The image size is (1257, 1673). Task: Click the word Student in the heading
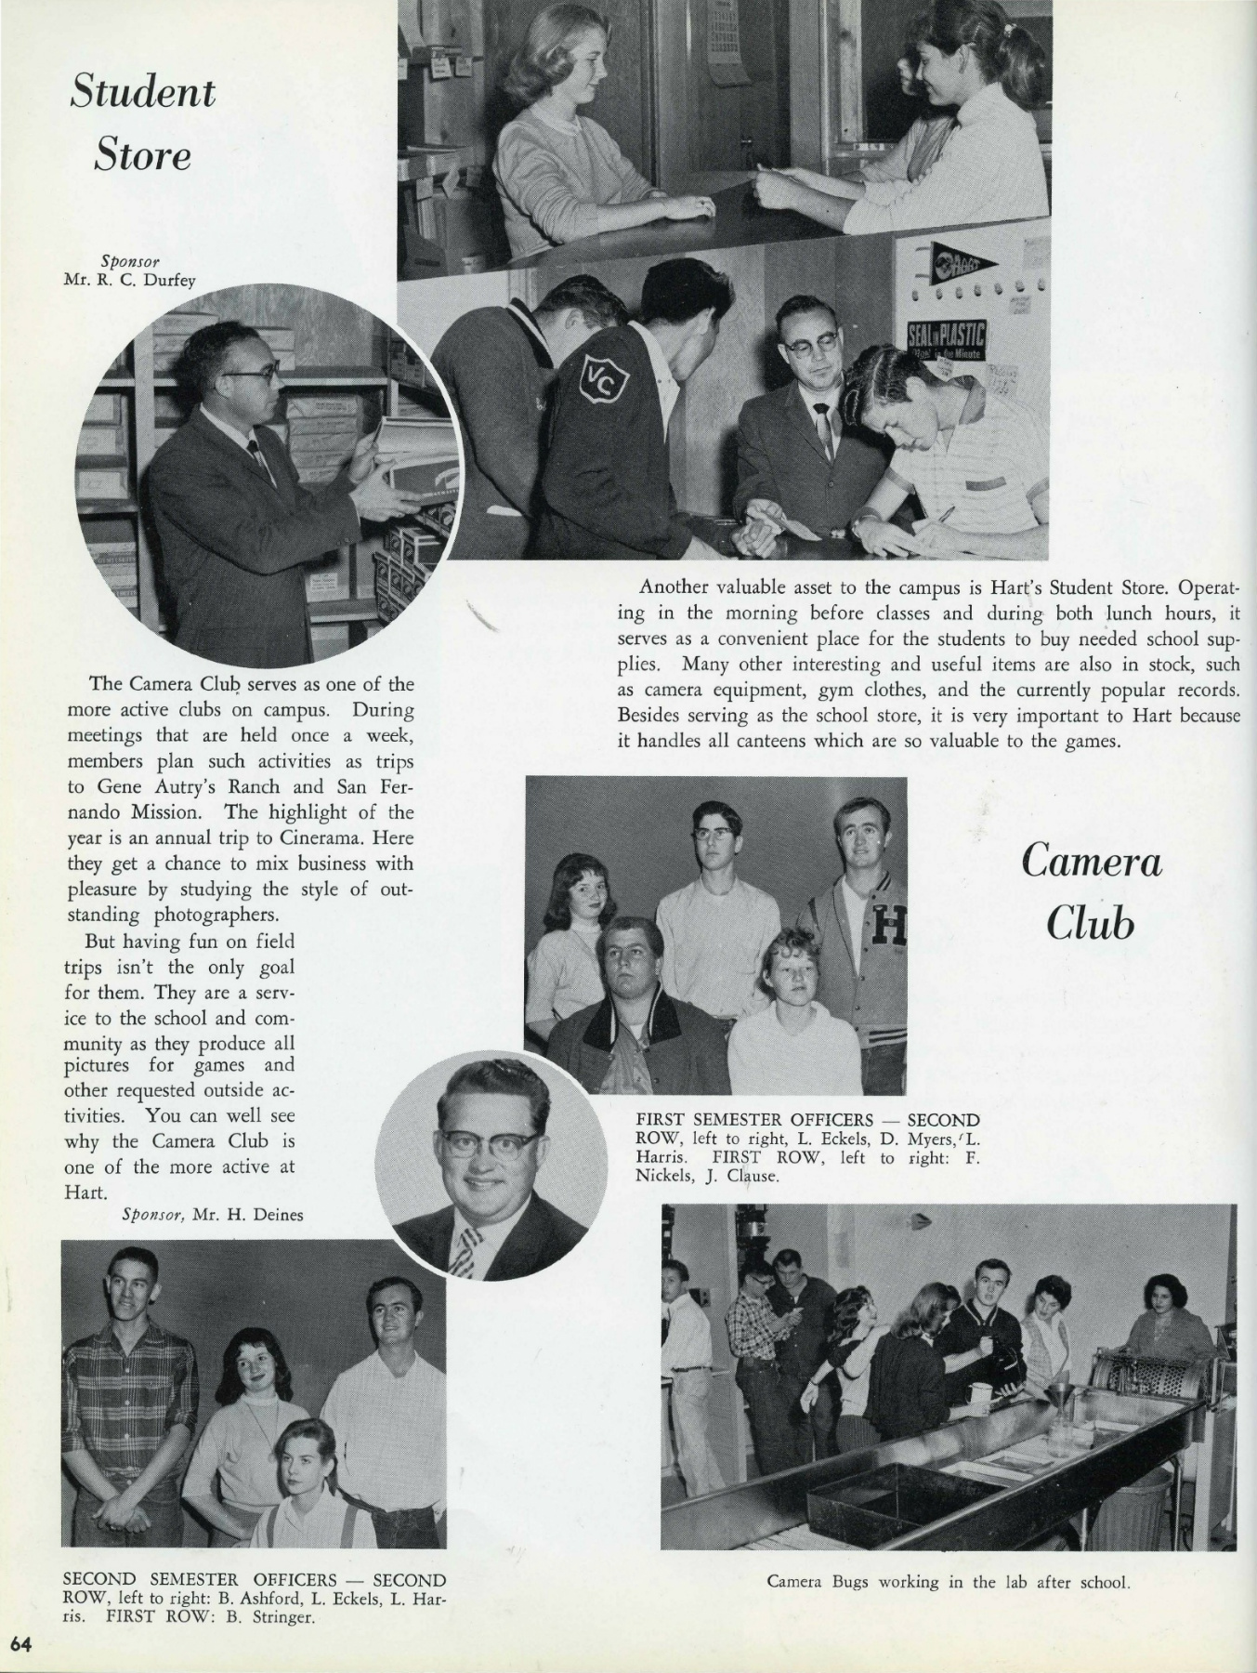click(142, 93)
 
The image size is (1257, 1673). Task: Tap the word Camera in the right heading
click(1092, 863)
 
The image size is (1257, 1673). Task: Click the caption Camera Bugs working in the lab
click(948, 1582)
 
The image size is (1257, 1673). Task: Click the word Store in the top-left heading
click(142, 155)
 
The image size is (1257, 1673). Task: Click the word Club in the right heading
click(1092, 924)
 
